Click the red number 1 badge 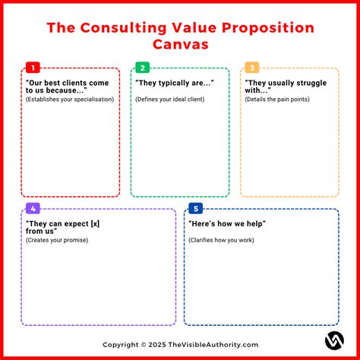tap(31, 67)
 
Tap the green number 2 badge tap(141, 67)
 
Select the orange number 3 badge tap(251, 67)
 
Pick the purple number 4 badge tap(31, 207)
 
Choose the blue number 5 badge tap(195, 207)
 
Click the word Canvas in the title tap(180, 45)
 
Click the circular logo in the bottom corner tap(334, 340)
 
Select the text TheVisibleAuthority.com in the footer tap(215, 344)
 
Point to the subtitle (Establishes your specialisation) tap(70, 99)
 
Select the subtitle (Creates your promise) tap(57, 240)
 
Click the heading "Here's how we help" tap(232, 224)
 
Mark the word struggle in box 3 tap(315, 81)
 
